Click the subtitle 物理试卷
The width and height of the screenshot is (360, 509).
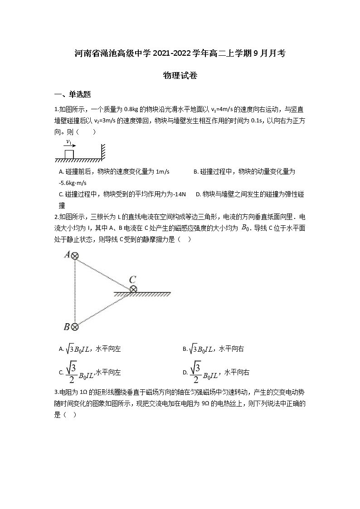pyautogui.click(x=180, y=76)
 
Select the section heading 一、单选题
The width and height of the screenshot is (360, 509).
pyautogui.click(x=73, y=94)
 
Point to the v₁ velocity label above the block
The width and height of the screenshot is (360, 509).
pyautogui.click(x=69, y=142)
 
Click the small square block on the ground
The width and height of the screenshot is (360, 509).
pyautogui.click(x=69, y=154)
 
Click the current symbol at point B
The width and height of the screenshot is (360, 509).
pyautogui.click(x=75, y=326)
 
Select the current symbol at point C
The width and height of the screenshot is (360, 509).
pyautogui.click(x=133, y=289)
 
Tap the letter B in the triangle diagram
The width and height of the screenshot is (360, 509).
pyautogui.click(x=67, y=326)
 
